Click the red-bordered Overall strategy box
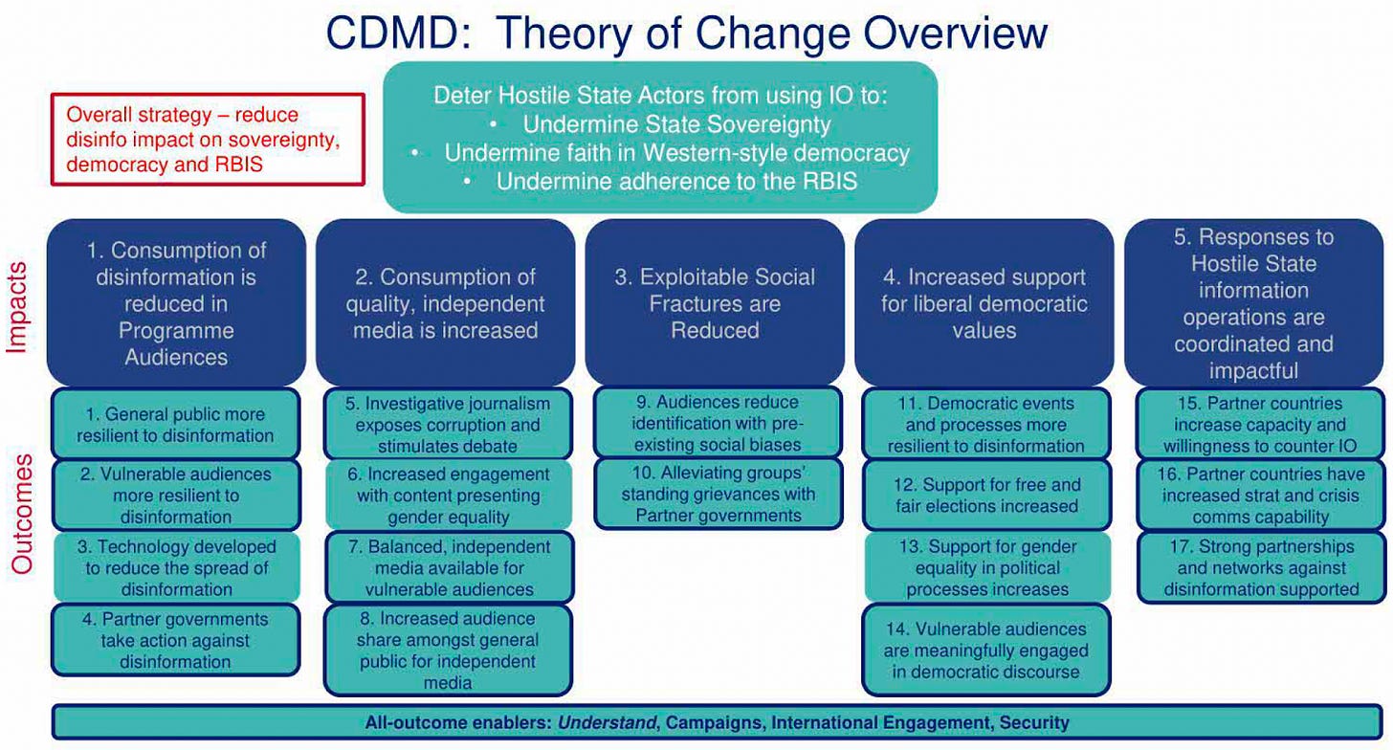(208, 139)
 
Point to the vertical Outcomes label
(22, 514)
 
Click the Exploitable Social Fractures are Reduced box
(714, 303)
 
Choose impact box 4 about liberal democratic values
(984, 303)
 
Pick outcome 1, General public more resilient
(176, 425)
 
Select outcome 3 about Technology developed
(176, 567)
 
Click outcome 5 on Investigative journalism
(447, 425)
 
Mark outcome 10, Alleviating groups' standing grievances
(718, 495)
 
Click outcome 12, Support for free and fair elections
(986, 496)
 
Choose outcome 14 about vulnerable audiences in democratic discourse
(986, 650)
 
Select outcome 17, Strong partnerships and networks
(1260, 567)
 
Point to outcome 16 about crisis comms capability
(1260, 496)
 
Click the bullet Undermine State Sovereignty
(676, 124)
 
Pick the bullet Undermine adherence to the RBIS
(676, 181)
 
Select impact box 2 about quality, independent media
(447, 303)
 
